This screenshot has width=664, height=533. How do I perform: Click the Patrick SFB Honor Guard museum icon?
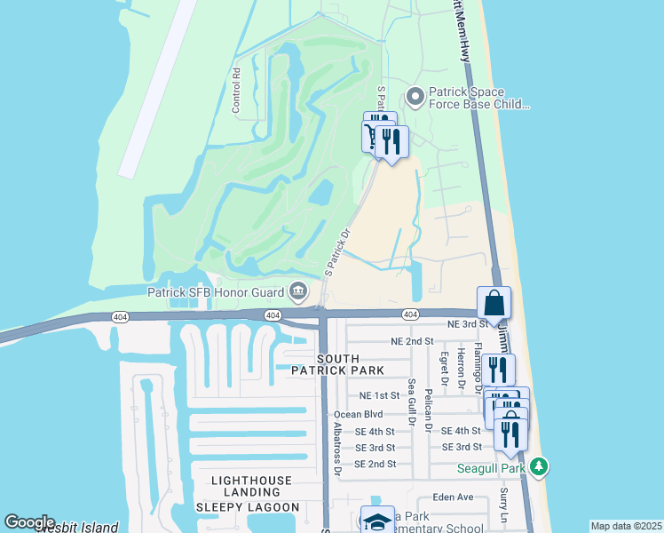pos(297,291)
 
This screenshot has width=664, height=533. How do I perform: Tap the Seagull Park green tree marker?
pos(539,466)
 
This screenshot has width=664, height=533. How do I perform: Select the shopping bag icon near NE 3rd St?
pos(494,303)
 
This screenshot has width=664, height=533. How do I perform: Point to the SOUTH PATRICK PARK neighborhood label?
pos(339,364)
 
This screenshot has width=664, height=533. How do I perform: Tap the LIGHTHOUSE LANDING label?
pos(251,481)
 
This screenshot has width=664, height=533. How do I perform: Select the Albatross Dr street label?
pos(337,449)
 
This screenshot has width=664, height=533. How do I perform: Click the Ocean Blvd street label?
pos(358,415)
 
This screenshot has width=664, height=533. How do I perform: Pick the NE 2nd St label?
pos(412,341)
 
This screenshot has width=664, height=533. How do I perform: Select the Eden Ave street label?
pos(453,497)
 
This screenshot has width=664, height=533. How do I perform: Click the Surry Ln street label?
pos(503,503)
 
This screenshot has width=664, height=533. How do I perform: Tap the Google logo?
pos(28,522)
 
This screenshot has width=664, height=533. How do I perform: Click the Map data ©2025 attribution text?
pos(625,526)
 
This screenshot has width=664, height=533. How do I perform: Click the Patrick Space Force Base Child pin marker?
pos(414,95)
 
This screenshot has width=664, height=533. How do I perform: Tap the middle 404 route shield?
pos(273,315)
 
